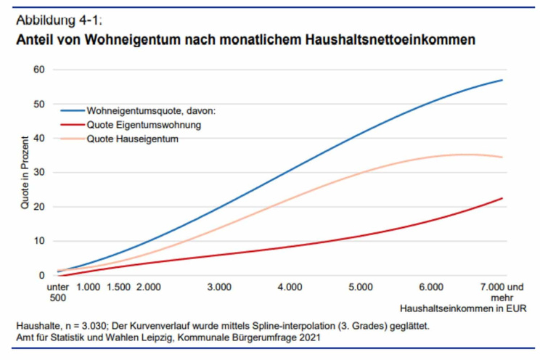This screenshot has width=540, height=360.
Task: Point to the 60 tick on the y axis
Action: point(38,70)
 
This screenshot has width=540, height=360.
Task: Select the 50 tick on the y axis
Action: point(38,104)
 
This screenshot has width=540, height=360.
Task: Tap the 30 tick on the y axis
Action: point(38,173)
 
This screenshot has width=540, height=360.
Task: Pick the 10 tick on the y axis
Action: point(38,241)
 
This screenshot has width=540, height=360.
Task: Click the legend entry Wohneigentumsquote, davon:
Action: point(157,112)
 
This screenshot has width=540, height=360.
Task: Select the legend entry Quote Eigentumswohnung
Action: point(144,125)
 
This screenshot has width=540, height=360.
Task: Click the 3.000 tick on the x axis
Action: point(219,287)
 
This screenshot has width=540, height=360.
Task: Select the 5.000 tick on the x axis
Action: point(361,287)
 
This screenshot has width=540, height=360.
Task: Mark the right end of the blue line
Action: point(502,80)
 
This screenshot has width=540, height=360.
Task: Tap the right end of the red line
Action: point(502,198)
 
